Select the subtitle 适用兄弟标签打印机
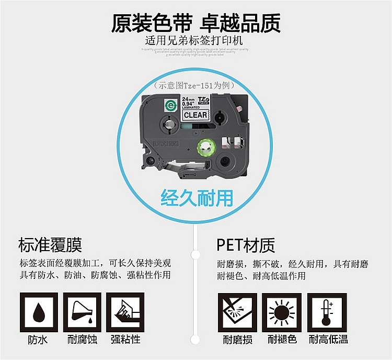point(194,40)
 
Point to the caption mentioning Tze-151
point(194,85)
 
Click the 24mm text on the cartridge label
point(187,99)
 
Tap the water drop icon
point(38,311)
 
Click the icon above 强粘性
point(125,311)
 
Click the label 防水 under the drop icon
point(38,340)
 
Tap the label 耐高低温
point(328,340)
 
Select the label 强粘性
point(125,340)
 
